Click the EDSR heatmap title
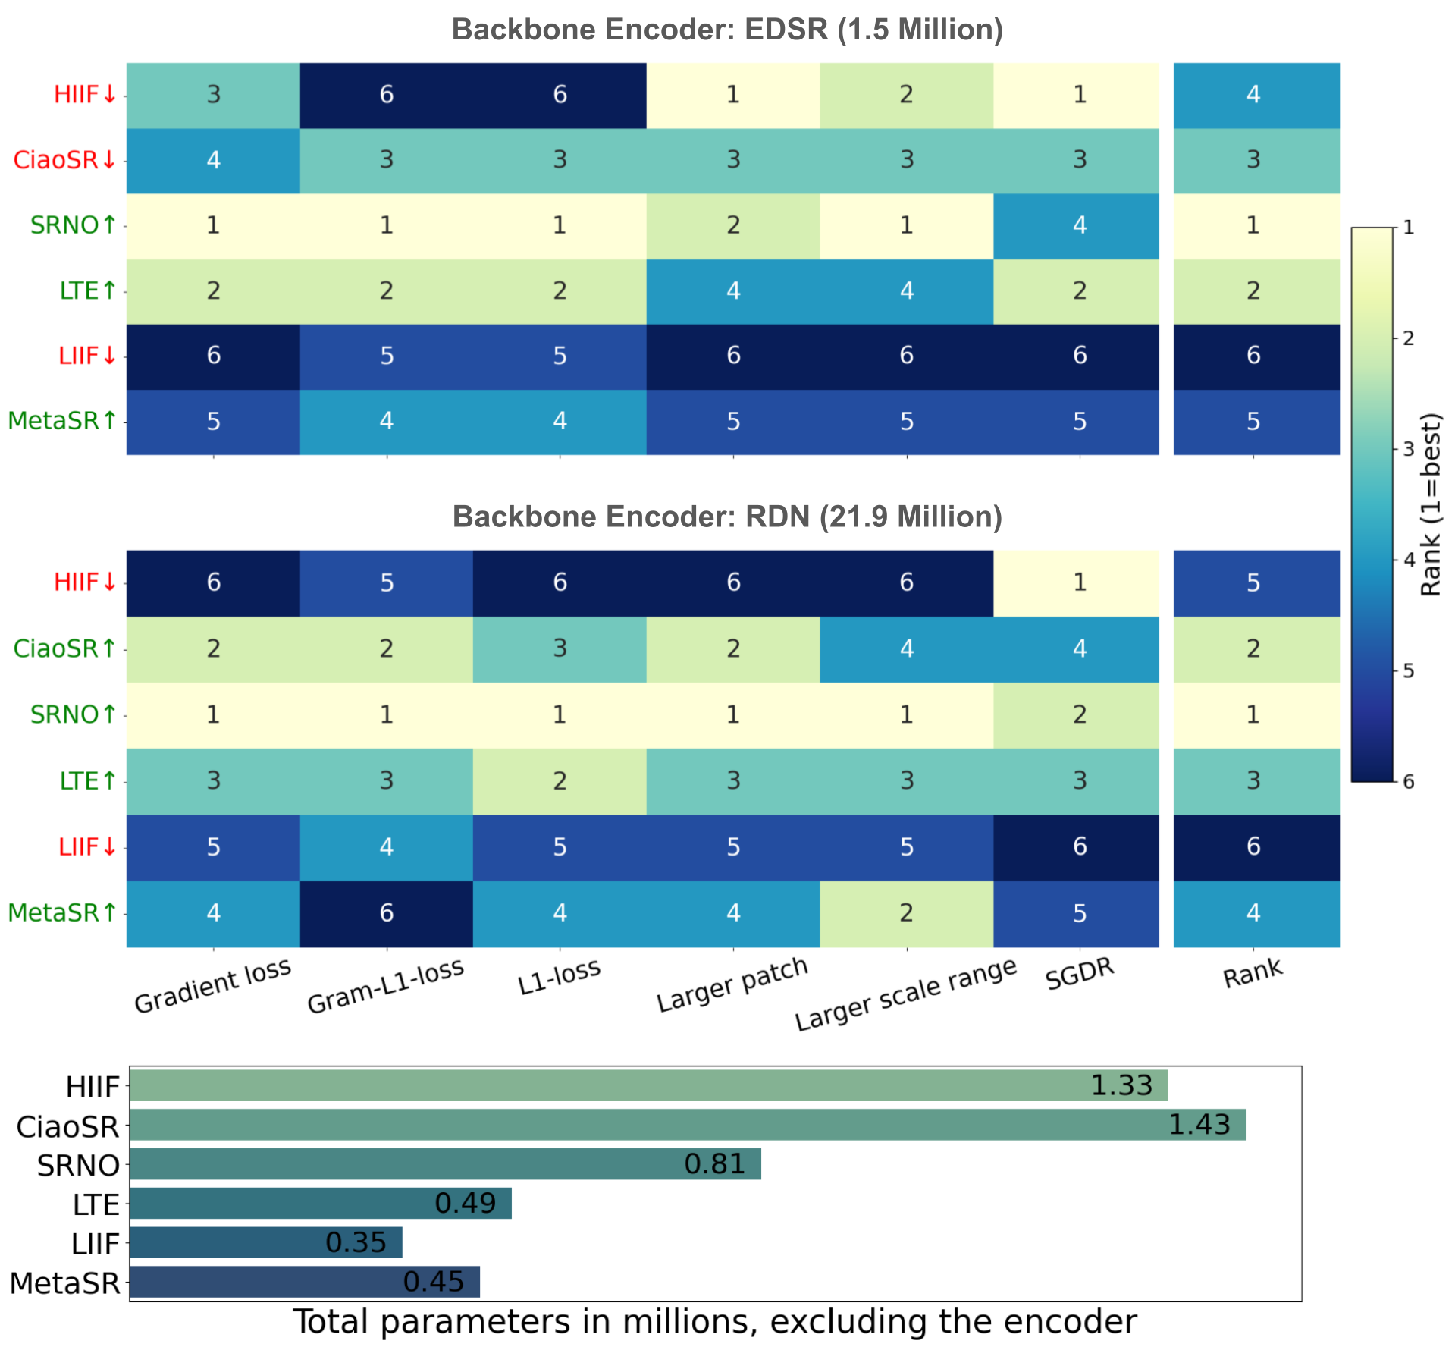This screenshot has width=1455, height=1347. click(x=727, y=30)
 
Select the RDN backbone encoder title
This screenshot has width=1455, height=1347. click(x=727, y=517)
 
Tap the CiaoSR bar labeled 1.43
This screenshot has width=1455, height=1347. click(x=687, y=1125)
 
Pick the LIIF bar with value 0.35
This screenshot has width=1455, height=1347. click(x=265, y=1242)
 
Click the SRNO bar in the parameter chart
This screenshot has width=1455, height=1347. click(x=445, y=1164)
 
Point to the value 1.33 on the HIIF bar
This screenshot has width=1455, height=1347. click(x=1121, y=1085)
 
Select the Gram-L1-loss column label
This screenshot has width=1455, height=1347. click(x=385, y=986)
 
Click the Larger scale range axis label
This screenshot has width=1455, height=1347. click(x=905, y=994)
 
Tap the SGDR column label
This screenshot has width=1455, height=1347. click(x=1080, y=973)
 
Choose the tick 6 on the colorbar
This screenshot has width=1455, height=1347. click(x=1408, y=782)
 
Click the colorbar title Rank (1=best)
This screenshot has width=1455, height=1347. click(x=1431, y=504)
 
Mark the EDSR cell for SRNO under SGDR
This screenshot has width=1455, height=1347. click(x=1080, y=225)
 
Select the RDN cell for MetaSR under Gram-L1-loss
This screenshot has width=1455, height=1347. click(x=387, y=913)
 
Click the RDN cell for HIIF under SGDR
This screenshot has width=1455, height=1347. click(x=1080, y=582)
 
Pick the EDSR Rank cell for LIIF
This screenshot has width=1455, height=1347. click(x=1253, y=356)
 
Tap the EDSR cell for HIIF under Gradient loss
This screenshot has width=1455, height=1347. click(x=213, y=95)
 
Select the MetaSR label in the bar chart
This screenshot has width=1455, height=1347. click(x=65, y=1283)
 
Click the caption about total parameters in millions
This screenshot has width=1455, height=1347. click(x=714, y=1322)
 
